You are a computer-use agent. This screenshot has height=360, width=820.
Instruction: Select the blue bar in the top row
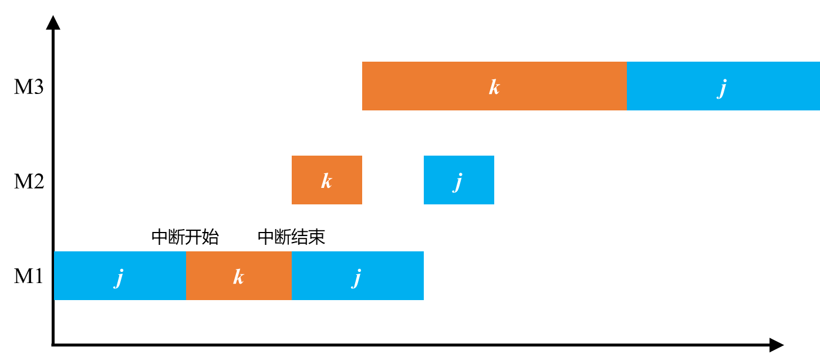click(763, 86)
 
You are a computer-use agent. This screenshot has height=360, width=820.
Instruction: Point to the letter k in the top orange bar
click(494, 88)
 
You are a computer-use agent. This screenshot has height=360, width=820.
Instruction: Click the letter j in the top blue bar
click(723, 88)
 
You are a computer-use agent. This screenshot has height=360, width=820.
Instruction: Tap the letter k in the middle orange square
click(326, 181)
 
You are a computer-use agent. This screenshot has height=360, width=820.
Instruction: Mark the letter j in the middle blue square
click(458, 181)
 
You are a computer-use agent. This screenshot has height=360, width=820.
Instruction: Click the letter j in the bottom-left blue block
click(119, 277)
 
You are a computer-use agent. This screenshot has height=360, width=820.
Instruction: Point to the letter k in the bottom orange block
click(238, 277)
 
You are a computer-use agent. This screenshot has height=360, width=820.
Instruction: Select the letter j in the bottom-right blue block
click(357, 277)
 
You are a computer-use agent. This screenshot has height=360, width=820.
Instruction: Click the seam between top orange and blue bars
click(626, 86)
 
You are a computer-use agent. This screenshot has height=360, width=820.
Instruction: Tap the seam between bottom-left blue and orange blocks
click(186, 275)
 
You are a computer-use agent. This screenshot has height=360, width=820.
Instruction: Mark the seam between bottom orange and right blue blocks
click(292, 275)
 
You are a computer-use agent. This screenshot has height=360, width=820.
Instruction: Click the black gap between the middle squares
click(393, 180)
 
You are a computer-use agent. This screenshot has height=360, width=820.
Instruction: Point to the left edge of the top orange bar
click(363, 86)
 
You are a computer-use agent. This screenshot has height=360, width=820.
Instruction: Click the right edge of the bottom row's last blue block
click(423, 275)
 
